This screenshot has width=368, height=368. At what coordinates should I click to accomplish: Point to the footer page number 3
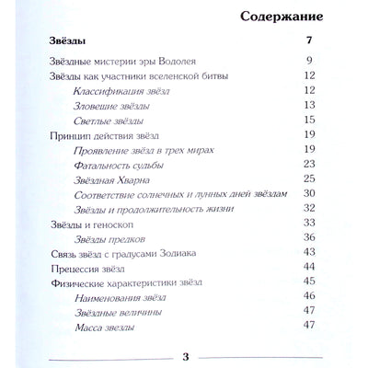tap(186, 357)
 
